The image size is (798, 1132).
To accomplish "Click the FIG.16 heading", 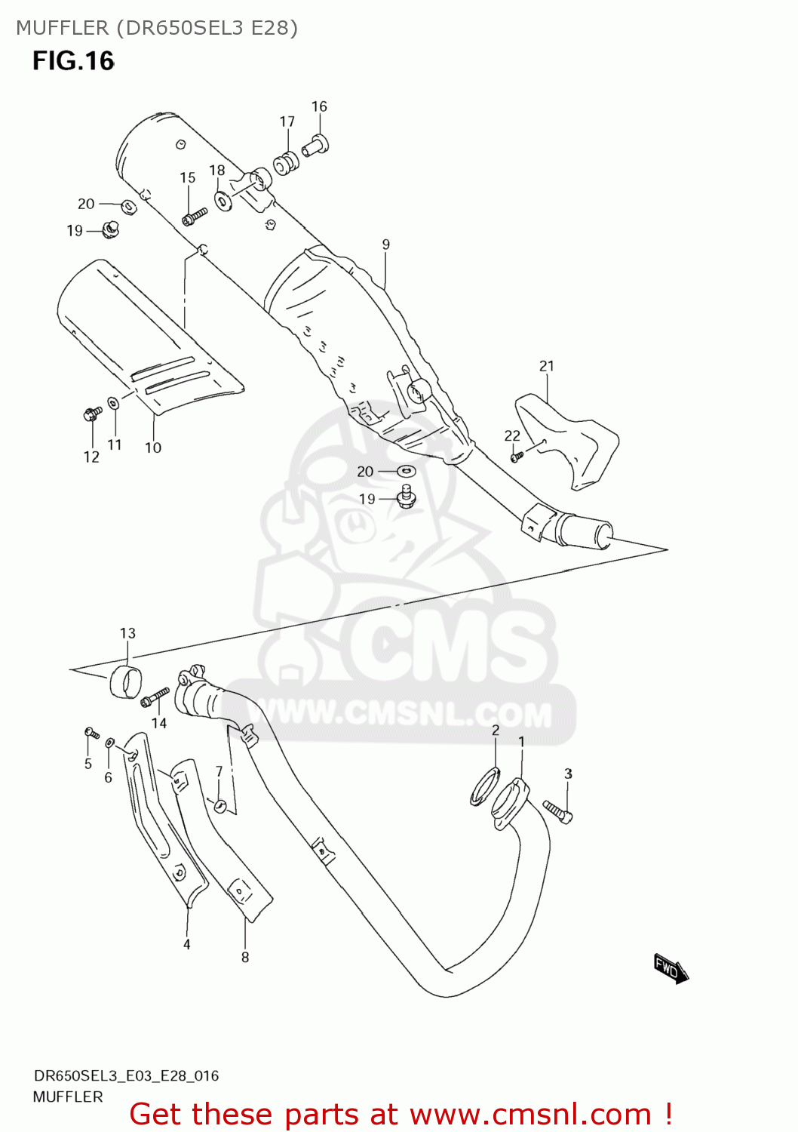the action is tap(73, 61).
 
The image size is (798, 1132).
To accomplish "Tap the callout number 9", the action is tap(385, 245).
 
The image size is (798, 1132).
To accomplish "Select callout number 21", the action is tap(547, 366).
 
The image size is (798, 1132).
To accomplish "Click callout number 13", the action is tap(127, 633).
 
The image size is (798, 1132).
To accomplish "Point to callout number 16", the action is tap(319, 106).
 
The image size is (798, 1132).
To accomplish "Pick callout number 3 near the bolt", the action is tap(568, 774).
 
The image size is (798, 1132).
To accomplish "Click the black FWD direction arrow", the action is tap(671, 968).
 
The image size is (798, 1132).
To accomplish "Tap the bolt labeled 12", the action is tap(92, 413).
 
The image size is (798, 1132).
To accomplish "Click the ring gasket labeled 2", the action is tap(486, 786).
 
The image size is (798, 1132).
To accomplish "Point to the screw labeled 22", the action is tap(517, 456).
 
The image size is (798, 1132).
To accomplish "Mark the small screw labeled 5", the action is tap(91, 733).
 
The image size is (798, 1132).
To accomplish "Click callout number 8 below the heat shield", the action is tap(244, 957).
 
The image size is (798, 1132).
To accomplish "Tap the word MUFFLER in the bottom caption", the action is tap(68, 1097).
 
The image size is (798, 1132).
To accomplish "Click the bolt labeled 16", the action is tap(315, 146).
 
